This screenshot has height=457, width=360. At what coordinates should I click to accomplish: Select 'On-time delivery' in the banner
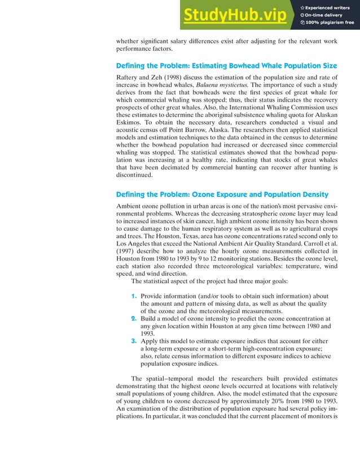tap(327, 15)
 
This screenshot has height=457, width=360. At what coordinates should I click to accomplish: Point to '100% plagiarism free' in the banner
tap(330, 23)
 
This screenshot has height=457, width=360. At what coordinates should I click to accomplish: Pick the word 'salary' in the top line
tap(191, 41)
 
